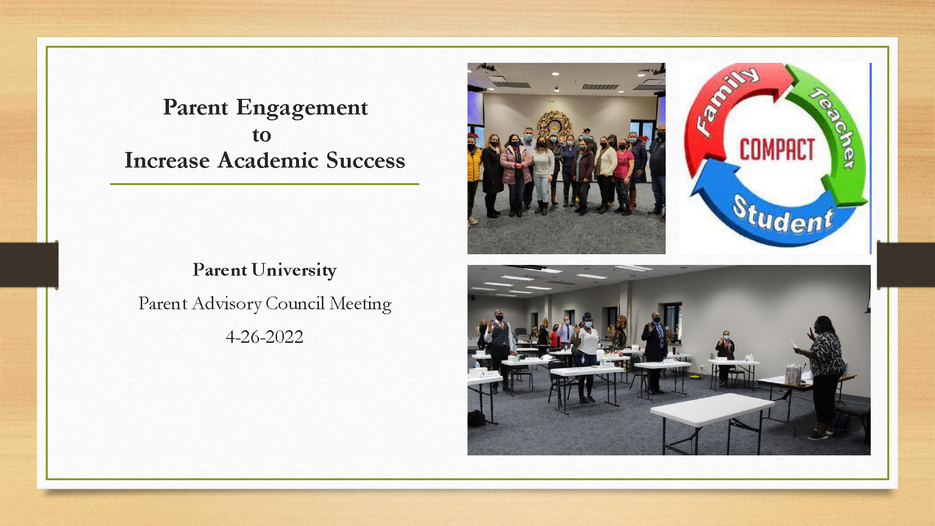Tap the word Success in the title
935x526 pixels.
click(365, 161)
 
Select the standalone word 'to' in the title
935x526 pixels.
click(262, 135)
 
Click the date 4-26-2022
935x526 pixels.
click(264, 337)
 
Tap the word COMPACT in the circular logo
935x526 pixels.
click(777, 150)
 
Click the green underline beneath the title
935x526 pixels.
click(264, 184)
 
